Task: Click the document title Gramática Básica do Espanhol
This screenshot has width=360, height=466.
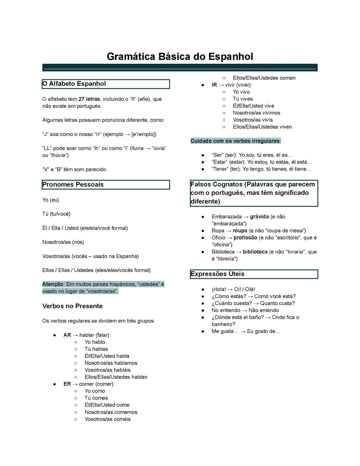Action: point(180,56)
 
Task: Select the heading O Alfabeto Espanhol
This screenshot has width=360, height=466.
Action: point(74,84)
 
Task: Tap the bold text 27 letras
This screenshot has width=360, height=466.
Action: point(89,99)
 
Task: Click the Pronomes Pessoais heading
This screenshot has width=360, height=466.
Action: point(73,184)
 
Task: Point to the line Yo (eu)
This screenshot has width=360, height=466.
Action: point(51,200)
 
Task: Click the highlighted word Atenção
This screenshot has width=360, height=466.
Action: point(53,284)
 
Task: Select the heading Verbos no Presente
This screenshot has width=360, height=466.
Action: point(72,306)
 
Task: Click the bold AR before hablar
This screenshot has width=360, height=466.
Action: point(67,335)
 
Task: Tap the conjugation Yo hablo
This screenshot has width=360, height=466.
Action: point(95,342)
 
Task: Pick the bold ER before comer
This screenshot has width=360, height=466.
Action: point(67,384)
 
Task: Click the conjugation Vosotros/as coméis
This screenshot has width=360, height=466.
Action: point(107,419)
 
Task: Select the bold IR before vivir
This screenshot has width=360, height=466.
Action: point(214,85)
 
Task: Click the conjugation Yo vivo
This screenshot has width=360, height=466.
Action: point(241,92)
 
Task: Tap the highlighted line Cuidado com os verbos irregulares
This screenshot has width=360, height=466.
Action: point(235,141)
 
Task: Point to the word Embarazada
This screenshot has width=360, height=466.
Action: point(226,216)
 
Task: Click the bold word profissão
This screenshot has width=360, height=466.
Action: point(245,238)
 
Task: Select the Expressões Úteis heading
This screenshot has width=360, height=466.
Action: point(217,274)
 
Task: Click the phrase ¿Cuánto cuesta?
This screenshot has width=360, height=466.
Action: point(232,303)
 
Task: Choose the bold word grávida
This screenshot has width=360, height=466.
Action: point(259,216)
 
